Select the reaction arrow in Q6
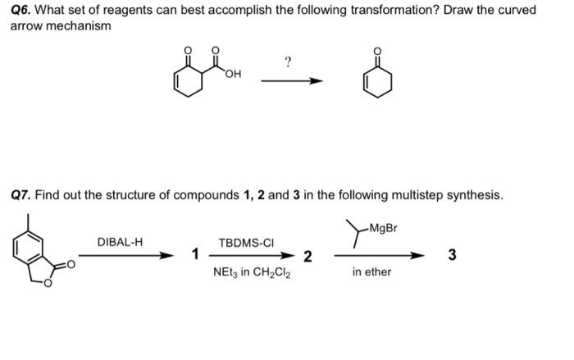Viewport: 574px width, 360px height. (291, 81)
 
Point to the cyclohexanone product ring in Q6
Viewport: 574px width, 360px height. (377, 82)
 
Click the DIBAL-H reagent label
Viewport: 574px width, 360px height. (120, 242)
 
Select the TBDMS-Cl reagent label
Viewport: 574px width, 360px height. (245, 243)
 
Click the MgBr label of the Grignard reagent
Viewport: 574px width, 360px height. (383, 227)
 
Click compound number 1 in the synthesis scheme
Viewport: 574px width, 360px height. (194, 255)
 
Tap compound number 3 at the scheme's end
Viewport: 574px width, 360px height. (450, 255)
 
